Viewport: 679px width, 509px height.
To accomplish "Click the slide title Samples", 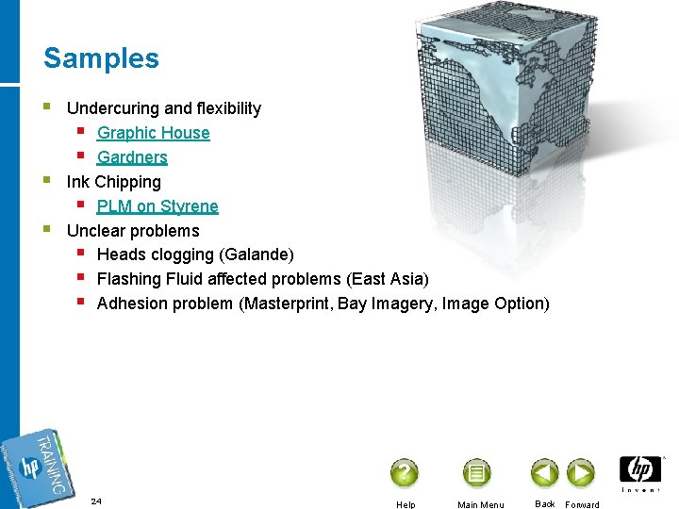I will [x=101, y=58].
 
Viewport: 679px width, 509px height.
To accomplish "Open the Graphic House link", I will [x=153, y=133].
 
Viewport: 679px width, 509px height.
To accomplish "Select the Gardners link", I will [x=132, y=157].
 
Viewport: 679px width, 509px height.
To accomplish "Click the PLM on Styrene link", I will [x=157, y=206].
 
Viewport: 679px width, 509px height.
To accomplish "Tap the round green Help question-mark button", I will [x=404, y=472].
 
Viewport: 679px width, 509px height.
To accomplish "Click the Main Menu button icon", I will [x=476, y=472].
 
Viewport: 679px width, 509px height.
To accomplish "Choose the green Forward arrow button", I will [x=580, y=472].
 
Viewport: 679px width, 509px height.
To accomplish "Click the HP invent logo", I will [x=640, y=473].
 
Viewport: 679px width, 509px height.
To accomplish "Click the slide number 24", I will [x=96, y=501].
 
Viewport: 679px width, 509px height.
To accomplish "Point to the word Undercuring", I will [x=113, y=108].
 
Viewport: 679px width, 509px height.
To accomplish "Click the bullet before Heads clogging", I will [x=82, y=254].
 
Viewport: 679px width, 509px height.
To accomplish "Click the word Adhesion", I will [x=131, y=304].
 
